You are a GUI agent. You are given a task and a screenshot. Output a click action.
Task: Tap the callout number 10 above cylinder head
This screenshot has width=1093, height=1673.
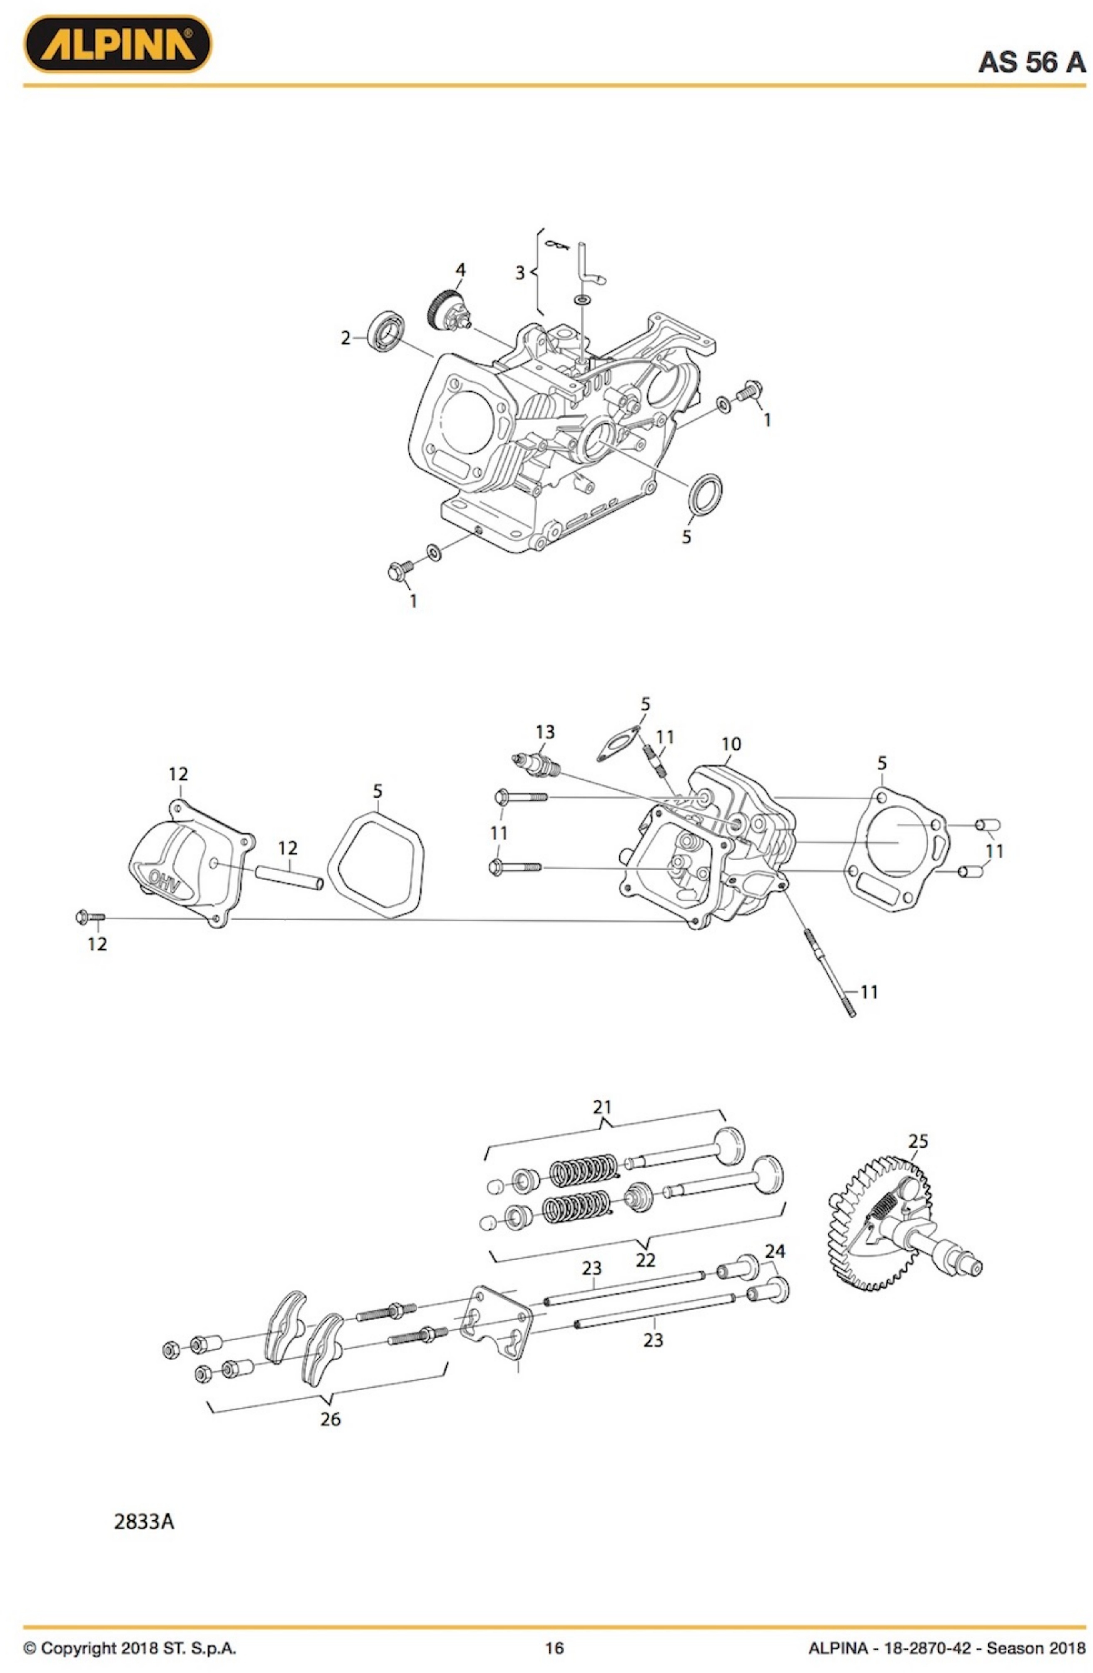730,744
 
